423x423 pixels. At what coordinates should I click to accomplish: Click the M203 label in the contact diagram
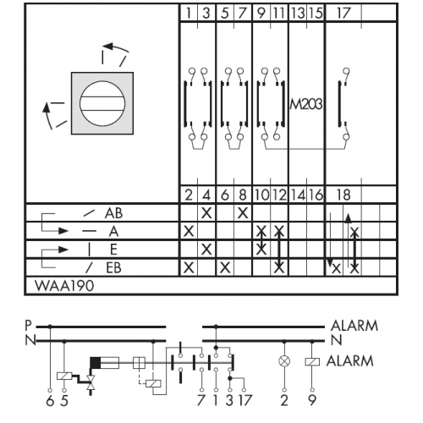pyautogui.click(x=306, y=105)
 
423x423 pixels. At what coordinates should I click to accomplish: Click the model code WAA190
pyautogui.click(x=64, y=286)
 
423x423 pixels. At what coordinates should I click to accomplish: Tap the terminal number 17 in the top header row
pyautogui.click(x=343, y=13)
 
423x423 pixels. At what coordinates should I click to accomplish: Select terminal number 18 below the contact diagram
pyautogui.click(x=343, y=195)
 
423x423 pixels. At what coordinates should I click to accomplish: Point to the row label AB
pyautogui.click(x=113, y=213)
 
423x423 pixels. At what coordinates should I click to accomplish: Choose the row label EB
pyautogui.click(x=113, y=267)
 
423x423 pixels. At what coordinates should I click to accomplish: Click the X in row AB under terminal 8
pyautogui.click(x=243, y=213)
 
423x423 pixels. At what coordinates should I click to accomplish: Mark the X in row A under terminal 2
pyautogui.click(x=189, y=232)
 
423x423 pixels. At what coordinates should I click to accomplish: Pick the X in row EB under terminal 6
pyautogui.click(x=225, y=267)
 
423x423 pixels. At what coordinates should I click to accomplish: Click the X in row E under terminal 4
pyautogui.click(x=206, y=250)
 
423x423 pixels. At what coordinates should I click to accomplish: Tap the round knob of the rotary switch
pyautogui.click(x=102, y=103)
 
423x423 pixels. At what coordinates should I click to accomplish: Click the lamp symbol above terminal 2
pyautogui.click(x=284, y=361)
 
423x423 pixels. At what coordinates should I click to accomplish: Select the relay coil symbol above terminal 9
pyautogui.click(x=312, y=362)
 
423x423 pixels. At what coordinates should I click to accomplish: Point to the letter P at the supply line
pyautogui.click(x=28, y=326)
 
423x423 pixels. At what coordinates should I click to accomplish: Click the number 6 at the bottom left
pyautogui.click(x=50, y=400)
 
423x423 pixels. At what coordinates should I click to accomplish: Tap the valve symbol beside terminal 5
pyautogui.click(x=91, y=383)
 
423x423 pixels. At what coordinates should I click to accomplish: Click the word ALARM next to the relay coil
pyautogui.click(x=350, y=361)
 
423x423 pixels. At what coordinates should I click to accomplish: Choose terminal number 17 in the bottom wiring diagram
pyautogui.click(x=244, y=400)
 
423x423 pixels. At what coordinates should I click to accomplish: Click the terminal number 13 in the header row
pyautogui.click(x=298, y=13)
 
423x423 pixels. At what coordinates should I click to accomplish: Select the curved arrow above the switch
pyautogui.click(x=116, y=47)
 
